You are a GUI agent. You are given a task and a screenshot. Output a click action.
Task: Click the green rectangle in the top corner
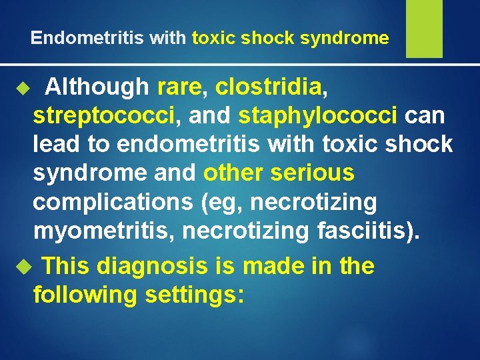[x=424, y=29]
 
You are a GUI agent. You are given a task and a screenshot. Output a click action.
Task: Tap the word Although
[x=97, y=86]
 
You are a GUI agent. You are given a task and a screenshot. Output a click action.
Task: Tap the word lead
[x=59, y=144]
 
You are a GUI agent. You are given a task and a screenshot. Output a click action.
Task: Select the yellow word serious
[x=313, y=173]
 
